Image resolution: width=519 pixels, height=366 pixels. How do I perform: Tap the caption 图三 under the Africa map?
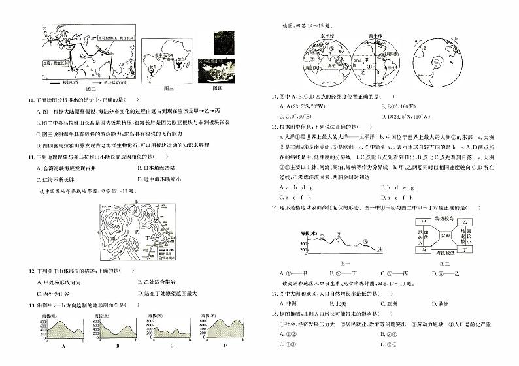[x=168, y=87]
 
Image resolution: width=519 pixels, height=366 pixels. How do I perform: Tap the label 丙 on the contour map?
[x=137, y=232]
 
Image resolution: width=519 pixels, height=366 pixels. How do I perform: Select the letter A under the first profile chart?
[x=63, y=347]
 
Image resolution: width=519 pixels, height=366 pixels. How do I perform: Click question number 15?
[x=274, y=127]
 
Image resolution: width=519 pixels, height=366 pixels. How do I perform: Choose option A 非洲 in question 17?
[x=291, y=303]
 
